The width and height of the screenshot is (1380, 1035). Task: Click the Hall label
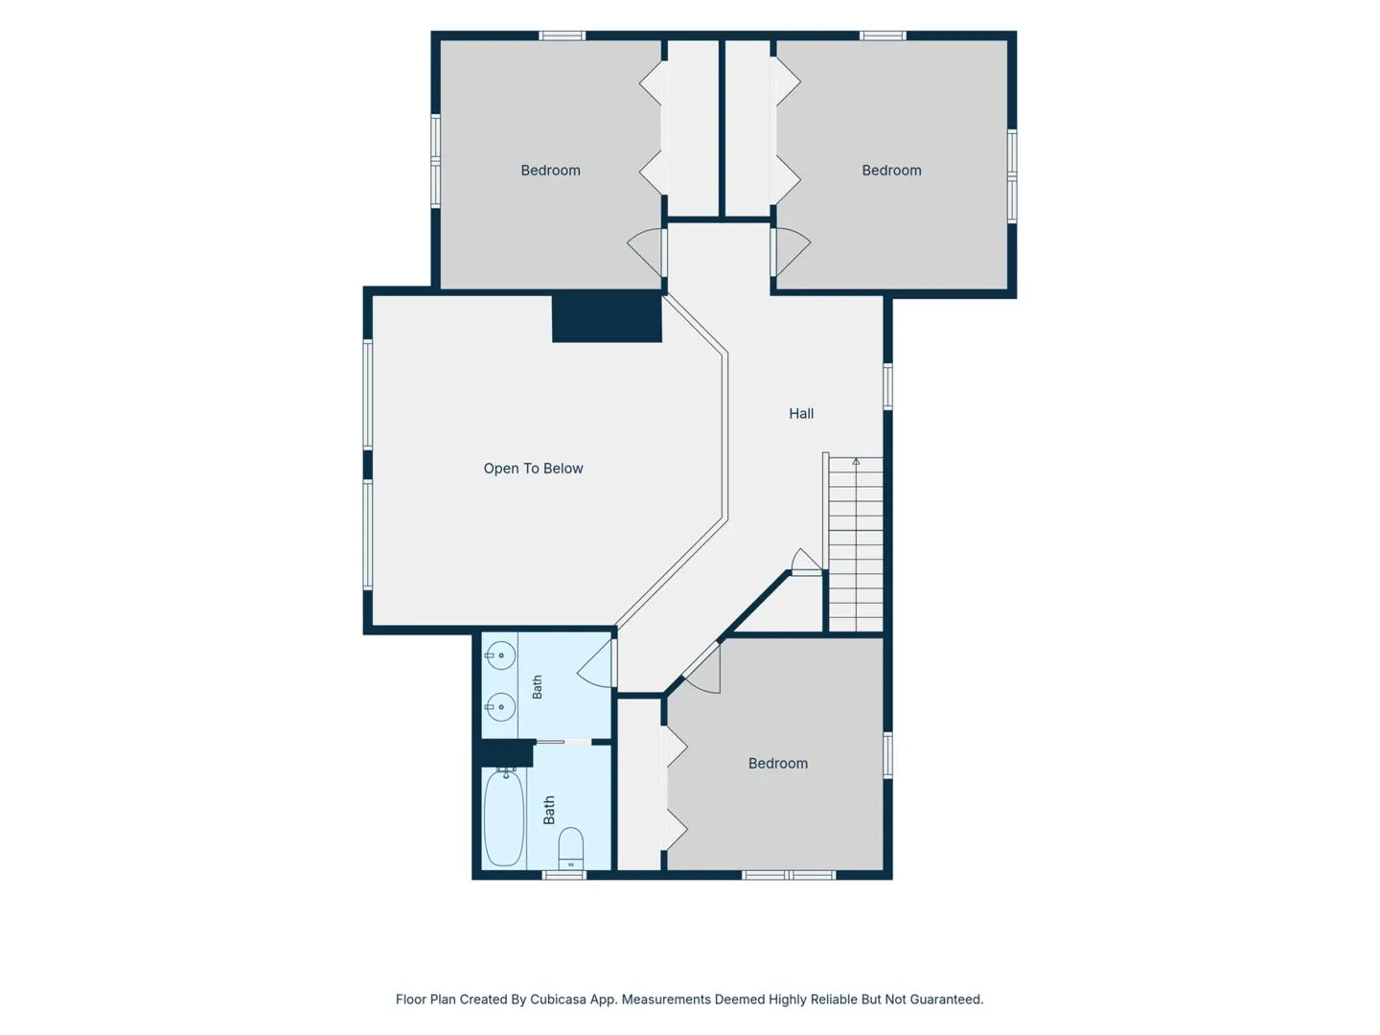tap(800, 413)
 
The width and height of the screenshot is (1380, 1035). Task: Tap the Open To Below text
tap(533, 469)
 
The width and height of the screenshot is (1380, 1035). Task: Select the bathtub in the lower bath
tap(503, 818)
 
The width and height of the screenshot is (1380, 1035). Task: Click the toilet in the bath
tap(570, 848)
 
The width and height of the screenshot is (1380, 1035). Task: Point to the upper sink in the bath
tap(500, 655)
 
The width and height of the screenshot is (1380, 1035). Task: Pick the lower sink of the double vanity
tap(500, 706)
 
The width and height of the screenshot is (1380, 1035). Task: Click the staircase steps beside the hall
tap(855, 544)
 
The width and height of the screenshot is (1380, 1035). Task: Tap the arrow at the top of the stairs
tap(856, 461)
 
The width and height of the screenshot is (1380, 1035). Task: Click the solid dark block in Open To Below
tap(607, 318)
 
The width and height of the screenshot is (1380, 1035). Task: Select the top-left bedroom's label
tap(550, 171)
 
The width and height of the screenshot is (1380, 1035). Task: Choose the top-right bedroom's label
tap(891, 171)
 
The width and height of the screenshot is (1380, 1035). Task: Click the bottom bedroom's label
tap(778, 764)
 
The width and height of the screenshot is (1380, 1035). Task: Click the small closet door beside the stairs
tap(806, 563)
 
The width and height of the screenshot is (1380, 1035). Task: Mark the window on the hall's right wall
tap(887, 386)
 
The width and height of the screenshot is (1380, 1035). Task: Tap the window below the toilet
tap(563, 875)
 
